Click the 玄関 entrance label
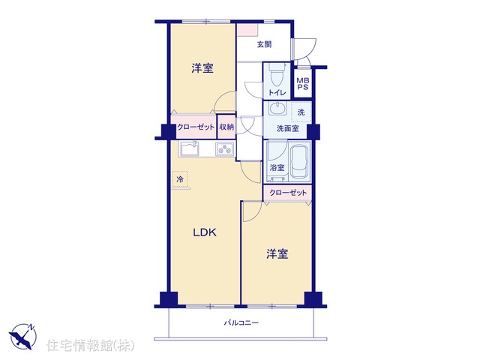(264, 44)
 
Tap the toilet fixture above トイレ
(277, 74)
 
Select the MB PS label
(303, 83)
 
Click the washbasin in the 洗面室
(277, 108)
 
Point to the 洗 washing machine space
(301, 112)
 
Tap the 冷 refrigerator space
(180, 179)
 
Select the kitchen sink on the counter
(190, 148)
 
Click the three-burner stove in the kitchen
(225, 149)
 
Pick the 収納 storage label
(226, 127)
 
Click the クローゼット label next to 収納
(196, 127)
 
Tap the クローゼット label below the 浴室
(288, 193)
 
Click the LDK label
(205, 232)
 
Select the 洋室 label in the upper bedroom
(202, 68)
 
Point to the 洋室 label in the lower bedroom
(277, 253)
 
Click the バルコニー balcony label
(241, 322)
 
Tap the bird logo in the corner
(22, 336)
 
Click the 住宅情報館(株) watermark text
(90, 345)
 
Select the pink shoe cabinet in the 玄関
(248, 30)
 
